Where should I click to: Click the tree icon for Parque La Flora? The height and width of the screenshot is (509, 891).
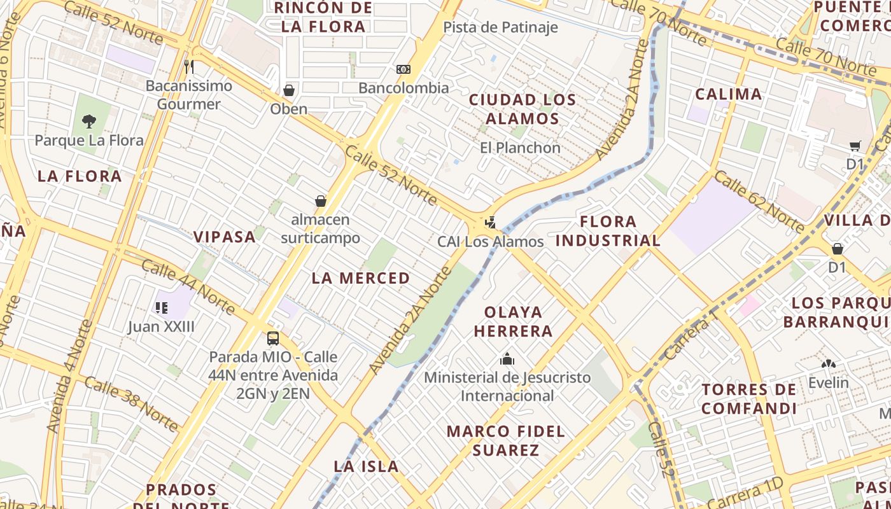point(89,121)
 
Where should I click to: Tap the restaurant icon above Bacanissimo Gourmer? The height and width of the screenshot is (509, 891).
point(188,66)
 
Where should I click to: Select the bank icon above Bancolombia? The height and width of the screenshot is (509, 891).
point(403,69)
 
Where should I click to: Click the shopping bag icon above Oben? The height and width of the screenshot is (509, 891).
point(289,90)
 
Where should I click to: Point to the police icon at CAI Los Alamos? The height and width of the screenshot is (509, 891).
point(490,223)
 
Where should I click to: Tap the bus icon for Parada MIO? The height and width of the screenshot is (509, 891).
point(273,338)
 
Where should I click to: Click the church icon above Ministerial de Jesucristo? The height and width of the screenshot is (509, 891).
point(507,359)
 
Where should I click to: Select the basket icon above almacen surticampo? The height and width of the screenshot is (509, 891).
point(321,201)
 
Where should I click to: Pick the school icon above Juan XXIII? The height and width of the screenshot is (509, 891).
point(161,308)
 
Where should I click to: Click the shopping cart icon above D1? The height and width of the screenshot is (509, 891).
point(855,146)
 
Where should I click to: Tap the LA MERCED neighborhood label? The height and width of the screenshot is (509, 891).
point(361,278)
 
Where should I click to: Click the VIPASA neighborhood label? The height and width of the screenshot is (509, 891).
point(225,237)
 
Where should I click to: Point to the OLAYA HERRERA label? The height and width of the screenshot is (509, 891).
point(513,321)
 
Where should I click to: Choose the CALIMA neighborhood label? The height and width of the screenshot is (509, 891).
point(728,95)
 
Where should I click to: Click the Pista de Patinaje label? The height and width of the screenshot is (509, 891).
point(500,27)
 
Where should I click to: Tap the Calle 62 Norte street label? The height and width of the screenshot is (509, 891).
point(759,200)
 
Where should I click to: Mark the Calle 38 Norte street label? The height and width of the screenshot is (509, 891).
point(131,403)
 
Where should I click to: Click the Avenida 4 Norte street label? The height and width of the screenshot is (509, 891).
point(69,377)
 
